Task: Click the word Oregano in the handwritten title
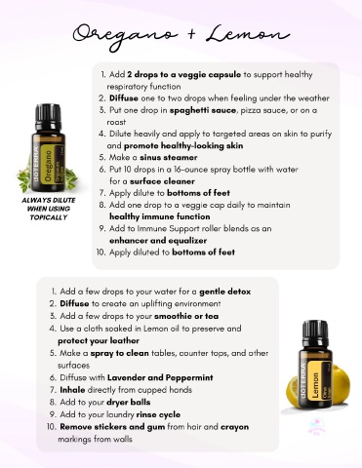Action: click(x=125, y=36)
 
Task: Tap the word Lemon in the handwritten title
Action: click(x=248, y=34)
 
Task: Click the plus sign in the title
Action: click(x=192, y=34)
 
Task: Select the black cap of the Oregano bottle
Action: click(x=48, y=117)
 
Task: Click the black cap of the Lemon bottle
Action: click(x=315, y=333)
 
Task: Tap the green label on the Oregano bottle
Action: click(x=48, y=165)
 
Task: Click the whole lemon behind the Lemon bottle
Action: click(x=340, y=384)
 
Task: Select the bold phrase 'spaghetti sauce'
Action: click(x=203, y=110)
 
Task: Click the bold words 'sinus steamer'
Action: click(x=169, y=158)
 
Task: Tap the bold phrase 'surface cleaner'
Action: click(x=162, y=181)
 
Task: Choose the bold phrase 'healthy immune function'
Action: click(x=160, y=216)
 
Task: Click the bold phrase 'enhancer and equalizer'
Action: click(x=158, y=241)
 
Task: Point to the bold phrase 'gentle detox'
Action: click(x=225, y=292)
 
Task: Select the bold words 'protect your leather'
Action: click(x=99, y=341)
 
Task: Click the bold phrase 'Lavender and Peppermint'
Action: click(x=160, y=377)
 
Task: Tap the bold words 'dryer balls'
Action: click(x=129, y=403)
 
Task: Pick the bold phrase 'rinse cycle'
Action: click(x=158, y=414)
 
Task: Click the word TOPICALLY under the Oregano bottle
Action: click(x=49, y=217)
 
